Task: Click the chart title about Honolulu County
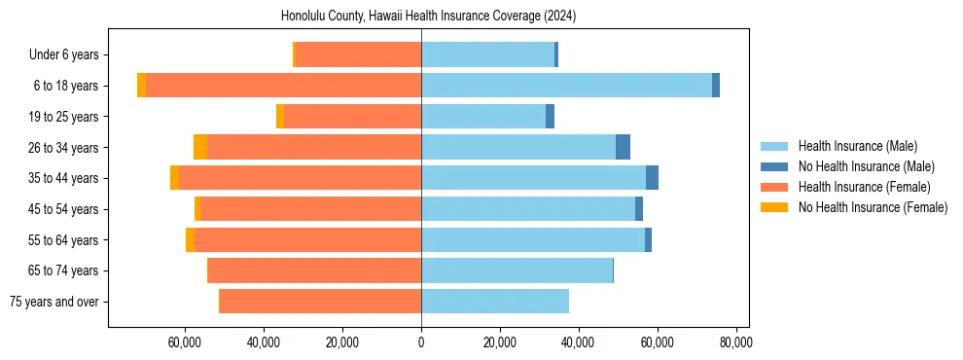click(x=429, y=17)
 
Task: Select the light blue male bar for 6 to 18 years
click(x=566, y=86)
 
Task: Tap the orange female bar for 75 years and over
click(x=320, y=302)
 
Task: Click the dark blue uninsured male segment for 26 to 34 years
click(x=623, y=147)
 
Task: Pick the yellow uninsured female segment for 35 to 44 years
click(x=174, y=178)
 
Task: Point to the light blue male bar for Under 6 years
click(x=487, y=54)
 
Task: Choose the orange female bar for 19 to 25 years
click(x=352, y=117)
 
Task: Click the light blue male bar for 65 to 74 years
click(x=517, y=270)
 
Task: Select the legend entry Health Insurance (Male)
click(x=857, y=146)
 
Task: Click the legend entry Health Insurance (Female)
click(x=864, y=187)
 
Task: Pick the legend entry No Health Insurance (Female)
click(x=873, y=207)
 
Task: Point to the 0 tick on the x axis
click(x=421, y=342)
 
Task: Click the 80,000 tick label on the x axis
click(x=735, y=342)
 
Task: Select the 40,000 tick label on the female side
click(x=264, y=342)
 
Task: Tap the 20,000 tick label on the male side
click(x=500, y=342)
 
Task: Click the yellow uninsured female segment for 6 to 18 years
click(x=142, y=86)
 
